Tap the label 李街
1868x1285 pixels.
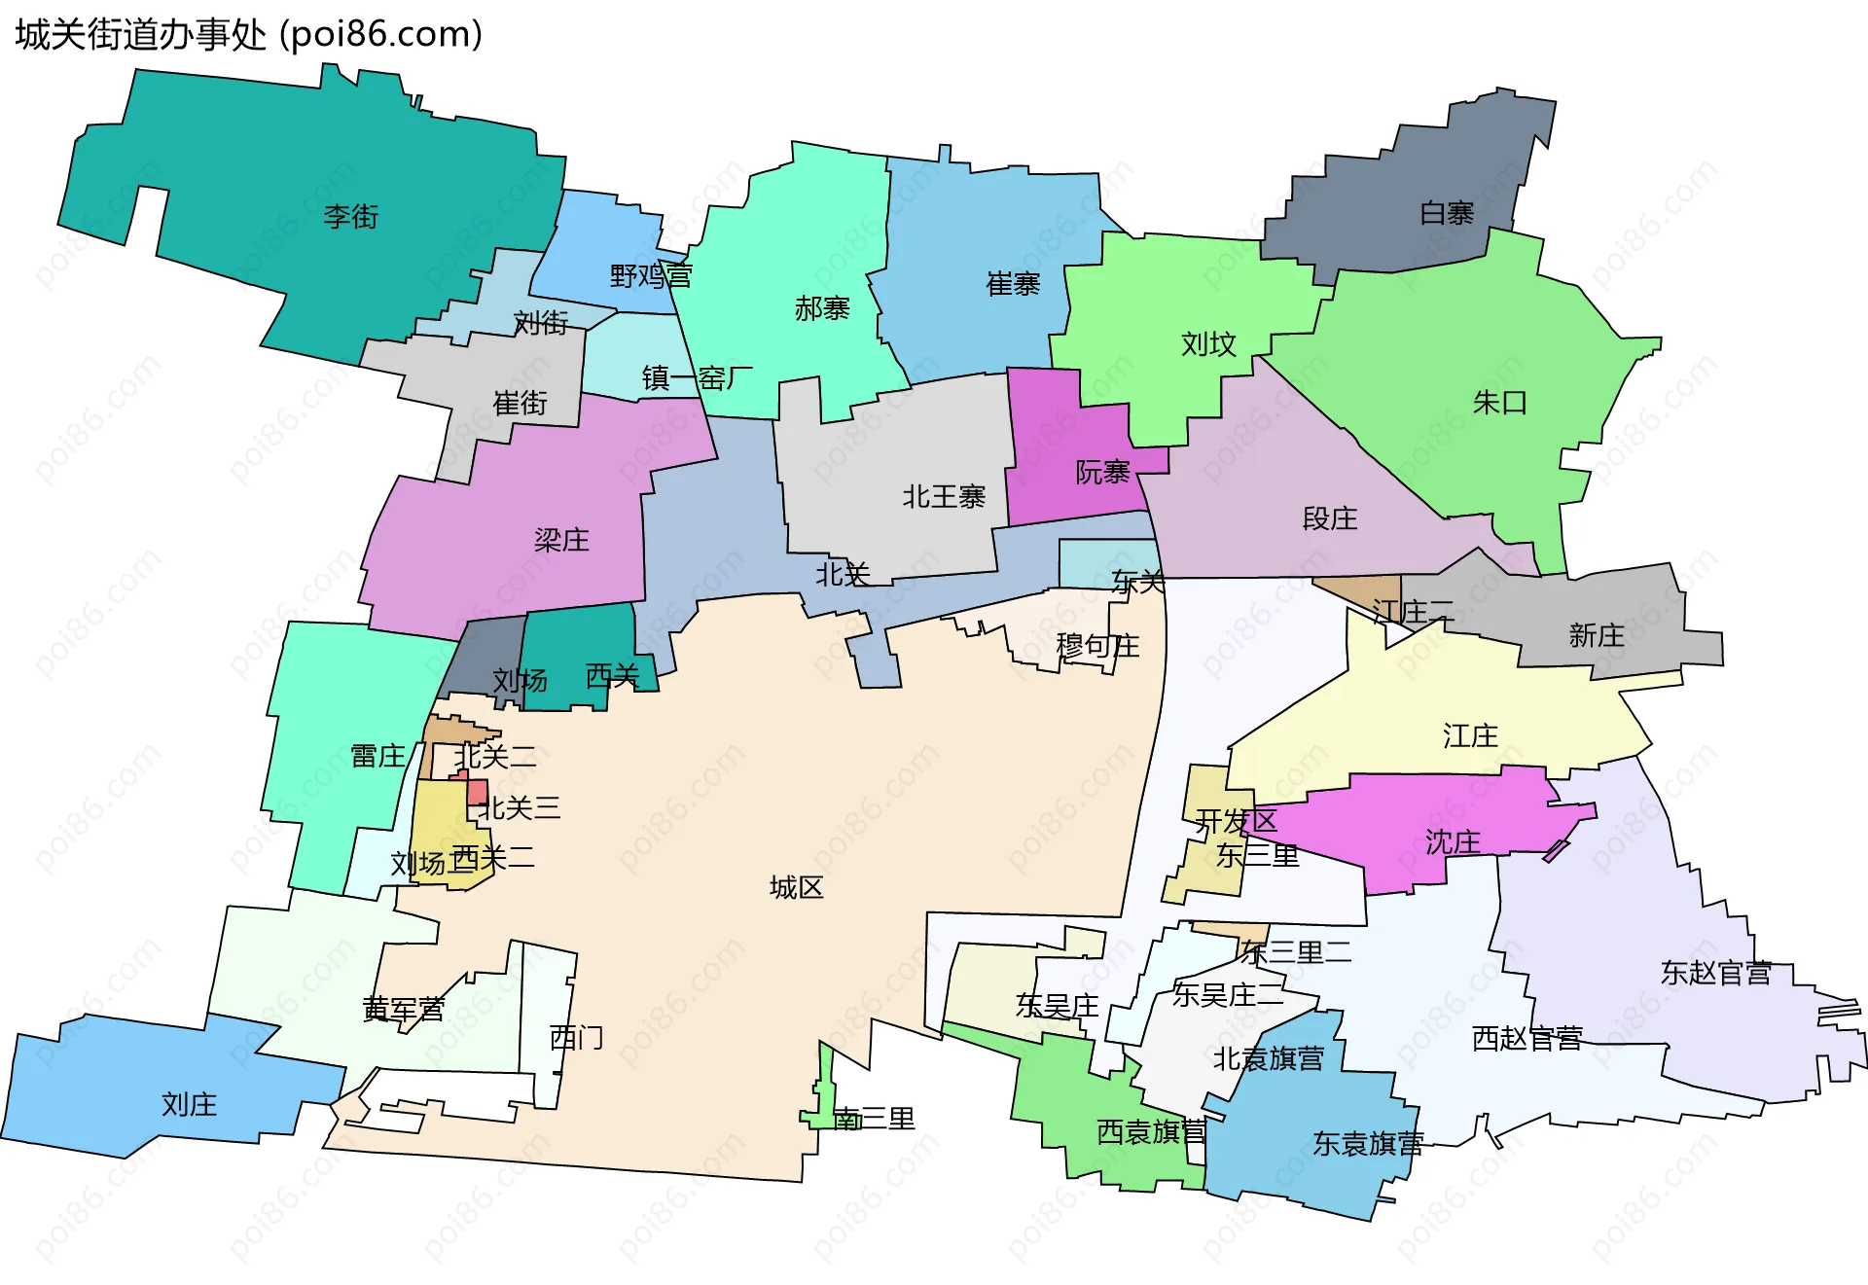coord(350,216)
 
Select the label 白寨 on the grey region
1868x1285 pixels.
coord(1447,213)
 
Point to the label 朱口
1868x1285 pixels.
coord(1499,402)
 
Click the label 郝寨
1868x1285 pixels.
coord(822,309)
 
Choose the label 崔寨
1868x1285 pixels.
coord(1013,284)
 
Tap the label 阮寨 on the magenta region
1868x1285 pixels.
coord(1101,473)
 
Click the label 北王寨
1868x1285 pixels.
coord(943,497)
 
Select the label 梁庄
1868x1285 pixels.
coord(561,540)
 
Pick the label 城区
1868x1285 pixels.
coord(796,887)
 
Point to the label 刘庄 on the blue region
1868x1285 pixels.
coord(189,1104)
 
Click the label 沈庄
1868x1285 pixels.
coord(1453,841)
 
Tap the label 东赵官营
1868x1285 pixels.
coord(1715,973)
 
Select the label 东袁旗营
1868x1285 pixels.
coord(1367,1144)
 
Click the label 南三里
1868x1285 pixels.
coord(874,1119)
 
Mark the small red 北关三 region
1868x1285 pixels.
coord(477,792)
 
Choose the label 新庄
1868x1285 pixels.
coord(1596,635)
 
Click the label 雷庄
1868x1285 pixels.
coord(377,756)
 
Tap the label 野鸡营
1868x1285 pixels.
coord(650,276)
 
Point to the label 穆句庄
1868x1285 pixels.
coord(1097,646)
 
